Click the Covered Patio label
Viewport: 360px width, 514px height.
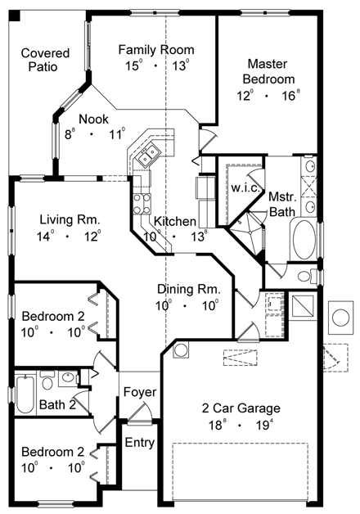[x=45, y=60]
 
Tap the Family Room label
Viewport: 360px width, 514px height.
[x=155, y=49]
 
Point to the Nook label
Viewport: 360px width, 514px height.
[x=92, y=119]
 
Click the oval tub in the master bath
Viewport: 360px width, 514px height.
[x=307, y=237]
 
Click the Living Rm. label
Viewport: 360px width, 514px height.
[x=70, y=219]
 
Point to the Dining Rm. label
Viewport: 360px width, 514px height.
[x=188, y=289]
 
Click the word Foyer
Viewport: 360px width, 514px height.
[x=139, y=393]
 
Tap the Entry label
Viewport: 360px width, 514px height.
[x=139, y=443]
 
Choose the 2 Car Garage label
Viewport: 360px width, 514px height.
[x=241, y=408]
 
